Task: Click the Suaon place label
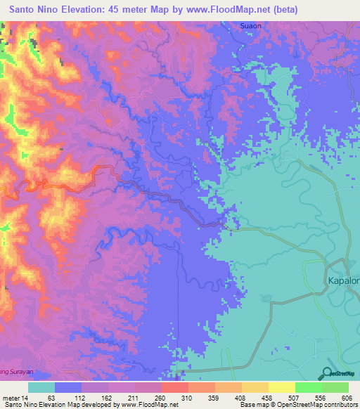click(250, 26)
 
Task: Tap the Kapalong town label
click(343, 280)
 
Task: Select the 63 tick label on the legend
click(50, 398)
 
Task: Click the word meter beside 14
click(11, 398)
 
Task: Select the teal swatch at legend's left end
click(41, 387)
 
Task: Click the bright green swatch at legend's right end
click(335, 387)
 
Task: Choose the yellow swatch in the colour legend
click(281, 387)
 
